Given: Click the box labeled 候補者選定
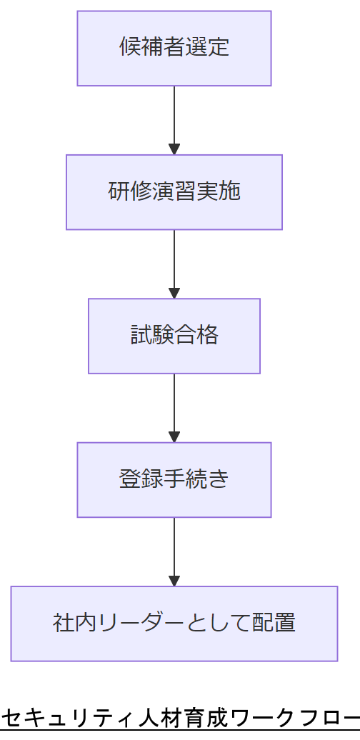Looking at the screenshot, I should click(174, 49).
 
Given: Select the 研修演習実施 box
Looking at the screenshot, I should click(174, 192).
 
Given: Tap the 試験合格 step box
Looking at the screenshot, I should click(174, 336).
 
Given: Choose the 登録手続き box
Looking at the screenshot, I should click(174, 479).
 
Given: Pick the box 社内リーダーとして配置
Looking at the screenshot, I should click(174, 624).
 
